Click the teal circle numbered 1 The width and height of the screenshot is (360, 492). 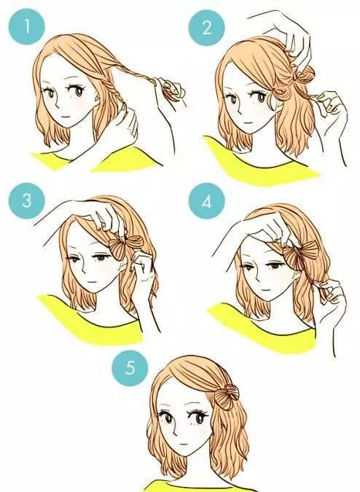tap(27, 27)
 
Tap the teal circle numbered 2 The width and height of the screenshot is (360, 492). tap(207, 27)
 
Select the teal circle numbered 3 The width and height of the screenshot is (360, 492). tap(27, 200)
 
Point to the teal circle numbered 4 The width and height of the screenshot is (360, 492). tap(207, 201)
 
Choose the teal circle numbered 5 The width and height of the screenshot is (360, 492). tap(130, 368)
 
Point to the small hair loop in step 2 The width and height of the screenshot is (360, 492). tap(280, 92)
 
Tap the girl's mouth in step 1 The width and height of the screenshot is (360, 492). tap(66, 117)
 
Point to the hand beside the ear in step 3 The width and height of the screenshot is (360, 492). tap(143, 270)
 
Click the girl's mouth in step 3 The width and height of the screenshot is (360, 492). tap(92, 282)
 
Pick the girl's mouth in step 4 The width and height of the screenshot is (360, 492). tap(266, 290)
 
